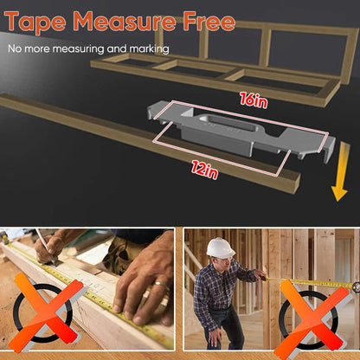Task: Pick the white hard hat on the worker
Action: tap(221, 247)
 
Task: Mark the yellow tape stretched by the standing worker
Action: tap(303, 281)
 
